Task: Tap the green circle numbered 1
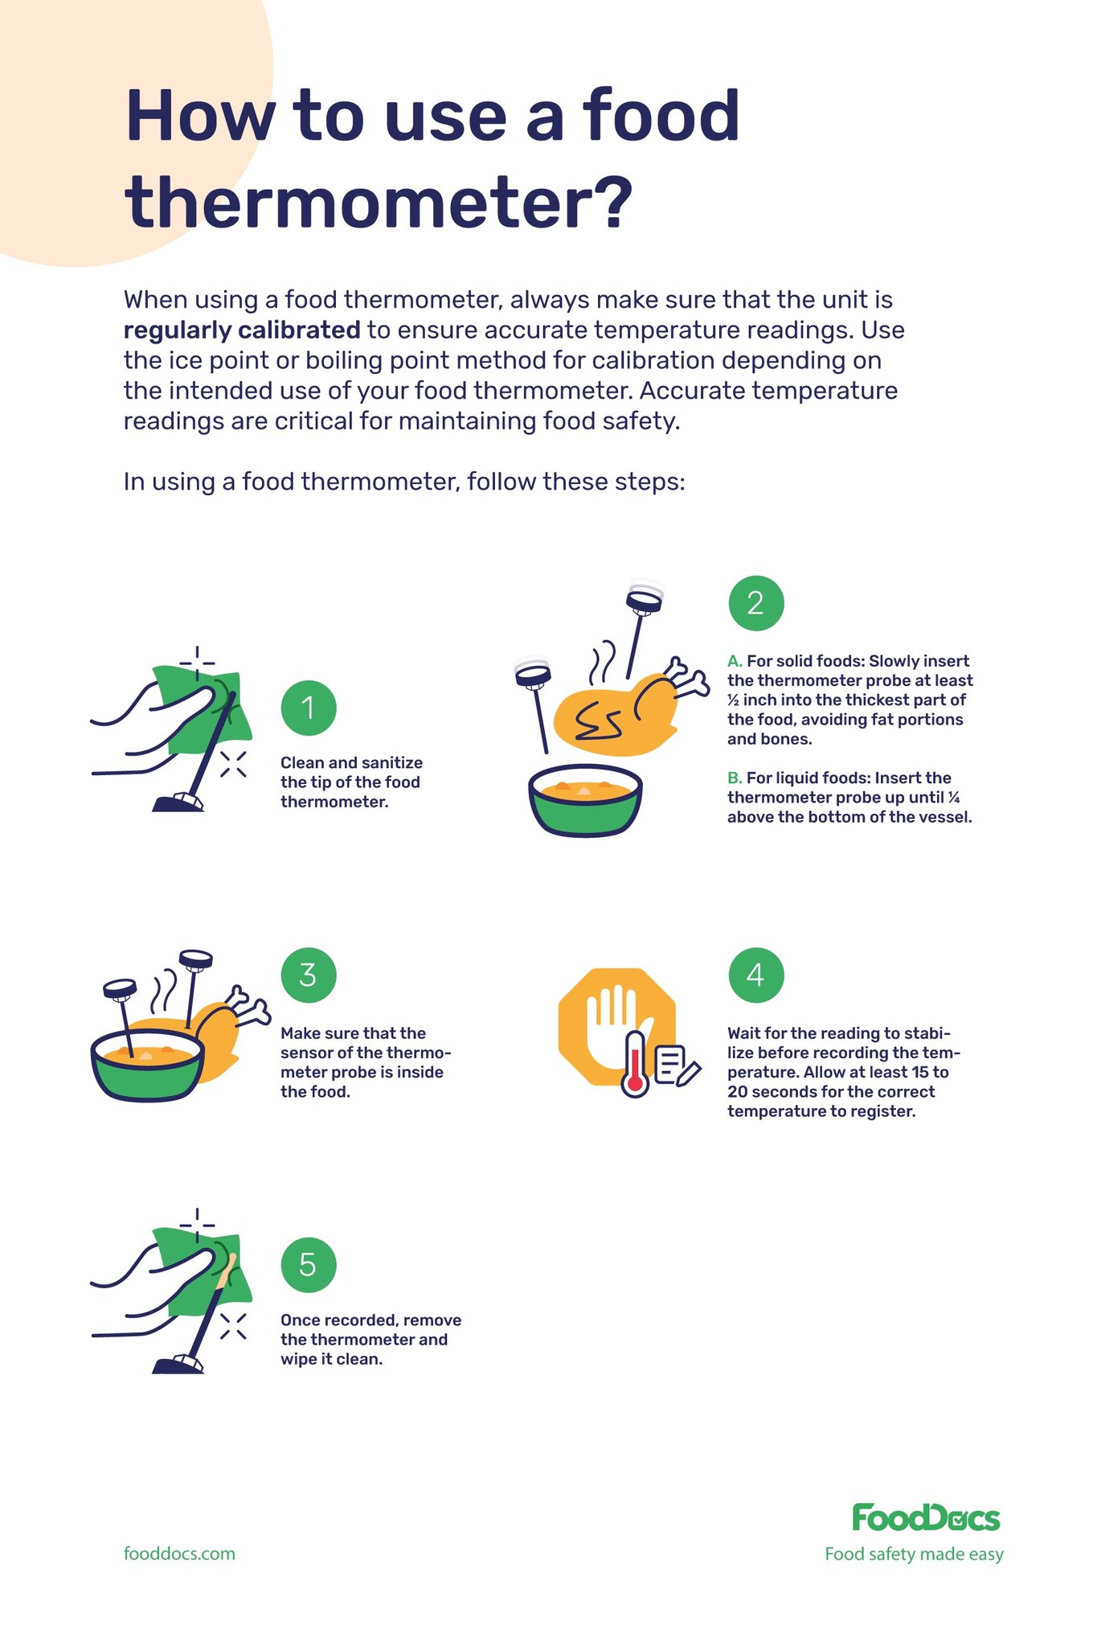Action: [309, 708]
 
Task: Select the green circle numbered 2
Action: [755, 603]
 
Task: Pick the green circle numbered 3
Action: [309, 975]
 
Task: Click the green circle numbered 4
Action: [755, 975]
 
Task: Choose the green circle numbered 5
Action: [309, 1264]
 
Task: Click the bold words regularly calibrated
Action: [242, 330]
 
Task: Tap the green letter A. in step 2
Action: [735, 661]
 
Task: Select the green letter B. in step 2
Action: [735, 778]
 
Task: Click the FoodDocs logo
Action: [925, 1517]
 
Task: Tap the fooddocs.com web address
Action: [179, 1553]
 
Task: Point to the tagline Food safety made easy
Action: [914, 1554]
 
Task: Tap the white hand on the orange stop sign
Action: [615, 1021]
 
